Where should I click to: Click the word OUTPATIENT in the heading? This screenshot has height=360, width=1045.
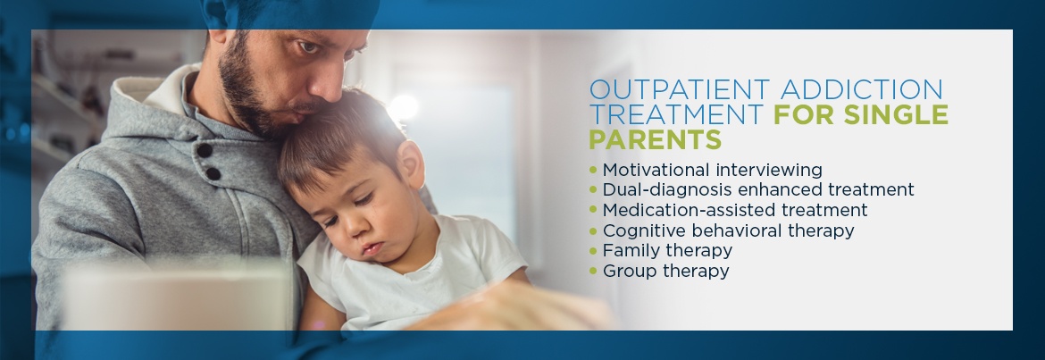click(x=679, y=89)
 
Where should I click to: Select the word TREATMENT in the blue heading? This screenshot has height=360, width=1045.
click(x=676, y=114)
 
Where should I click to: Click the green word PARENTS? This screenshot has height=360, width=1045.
click(x=655, y=140)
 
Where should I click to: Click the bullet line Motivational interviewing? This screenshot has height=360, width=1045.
click(x=713, y=170)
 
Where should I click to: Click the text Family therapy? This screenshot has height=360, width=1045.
click(x=667, y=251)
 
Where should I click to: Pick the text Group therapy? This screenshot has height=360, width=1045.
click(x=665, y=272)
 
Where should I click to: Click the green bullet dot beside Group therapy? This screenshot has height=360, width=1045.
click(x=593, y=271)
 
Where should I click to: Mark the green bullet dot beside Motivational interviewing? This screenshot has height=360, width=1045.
click(x=593, y=170)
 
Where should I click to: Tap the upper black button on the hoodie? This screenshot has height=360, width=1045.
click(x=205, y=150)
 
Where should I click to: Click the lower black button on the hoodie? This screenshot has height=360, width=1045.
click(x=213, y=173)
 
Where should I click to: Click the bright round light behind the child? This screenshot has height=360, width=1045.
click(x=403, y=107)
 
